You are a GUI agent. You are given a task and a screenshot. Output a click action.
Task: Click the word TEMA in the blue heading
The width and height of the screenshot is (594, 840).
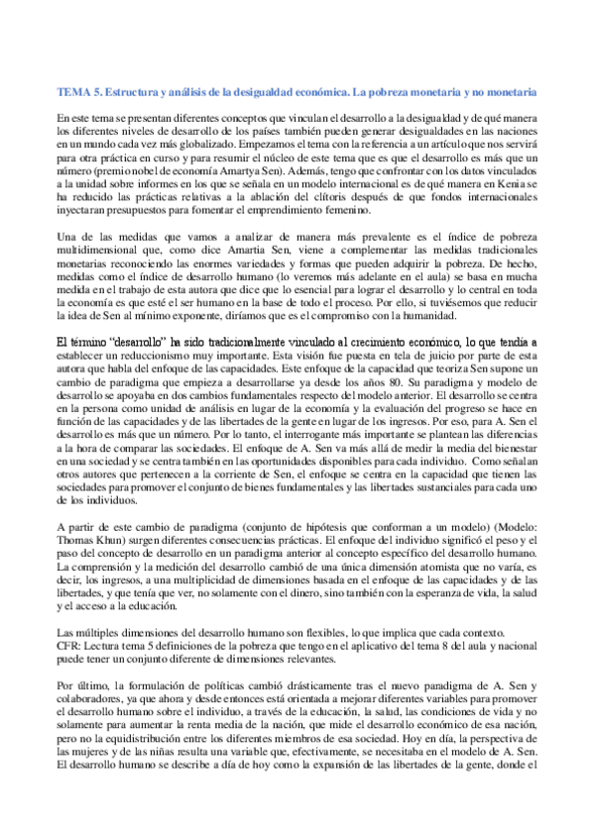(x=74, y=91)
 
